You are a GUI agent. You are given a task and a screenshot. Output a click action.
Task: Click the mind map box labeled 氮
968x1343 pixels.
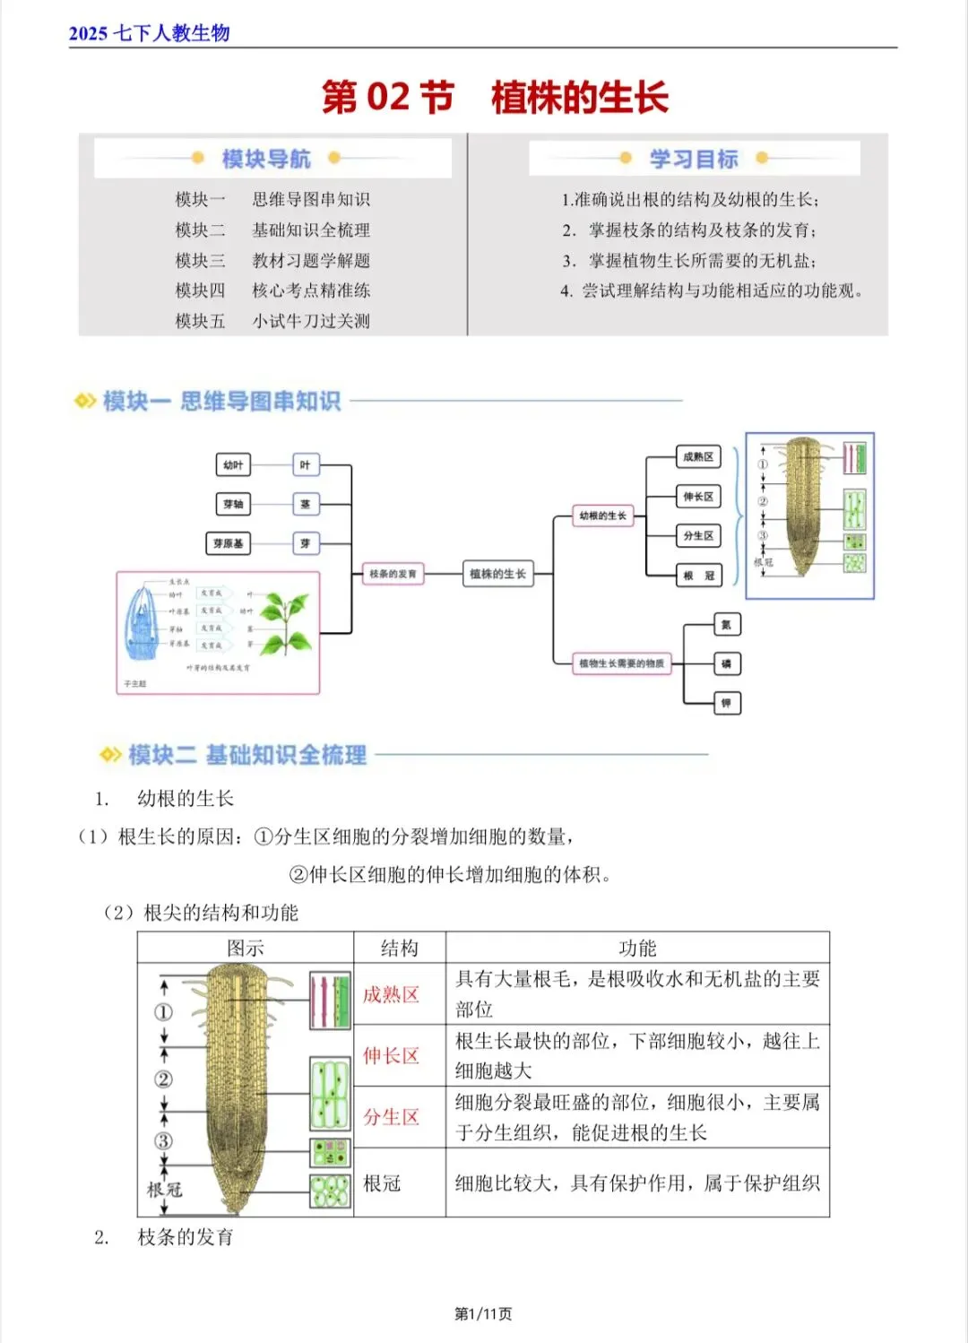[x=726, y=625]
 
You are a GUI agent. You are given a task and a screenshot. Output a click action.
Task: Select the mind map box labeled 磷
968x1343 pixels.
[x=726, y=664]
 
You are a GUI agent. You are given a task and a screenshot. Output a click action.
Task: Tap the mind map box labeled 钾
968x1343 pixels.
[x=726, y=704]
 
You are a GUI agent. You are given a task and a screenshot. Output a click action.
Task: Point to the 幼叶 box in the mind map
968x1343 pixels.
[x=233, y=465]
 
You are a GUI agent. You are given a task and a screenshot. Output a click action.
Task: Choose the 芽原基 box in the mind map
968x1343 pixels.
[x=228, y=543]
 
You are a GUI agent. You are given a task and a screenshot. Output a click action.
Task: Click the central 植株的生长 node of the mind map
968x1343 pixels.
[x=497, y=574]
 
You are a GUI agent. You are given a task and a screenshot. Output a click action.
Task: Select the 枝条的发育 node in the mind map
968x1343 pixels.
[x=393, y=574]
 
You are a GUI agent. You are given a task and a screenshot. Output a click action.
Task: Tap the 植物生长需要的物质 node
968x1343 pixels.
[x=621, y=663]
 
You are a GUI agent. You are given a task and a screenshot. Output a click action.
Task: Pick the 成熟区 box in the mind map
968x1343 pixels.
[x=698, y=457]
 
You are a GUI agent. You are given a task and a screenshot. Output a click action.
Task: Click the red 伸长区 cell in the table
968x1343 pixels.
[x=391, y=1056]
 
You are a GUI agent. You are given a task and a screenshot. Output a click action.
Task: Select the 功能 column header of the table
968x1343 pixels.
[x=637, y=948]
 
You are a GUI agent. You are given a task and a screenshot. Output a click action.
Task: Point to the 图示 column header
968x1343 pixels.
[x=245, y=948]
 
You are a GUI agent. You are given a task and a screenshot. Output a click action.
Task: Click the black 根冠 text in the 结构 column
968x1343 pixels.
[x=382, y=1183]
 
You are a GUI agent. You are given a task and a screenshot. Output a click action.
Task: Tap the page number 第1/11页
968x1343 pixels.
[x=483, y=1314]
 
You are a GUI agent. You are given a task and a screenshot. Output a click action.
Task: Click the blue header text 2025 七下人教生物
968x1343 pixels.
[x=150, y=34]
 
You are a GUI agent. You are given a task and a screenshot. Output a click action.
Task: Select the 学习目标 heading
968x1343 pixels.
[x=694, y=160]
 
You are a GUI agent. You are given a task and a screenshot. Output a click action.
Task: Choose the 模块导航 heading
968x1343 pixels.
[x=266, y=160]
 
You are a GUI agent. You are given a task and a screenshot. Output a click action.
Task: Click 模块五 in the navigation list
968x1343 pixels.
[x=200, y=321]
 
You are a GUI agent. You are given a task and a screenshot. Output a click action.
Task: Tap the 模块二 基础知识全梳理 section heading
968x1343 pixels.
[x=246, y=756]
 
